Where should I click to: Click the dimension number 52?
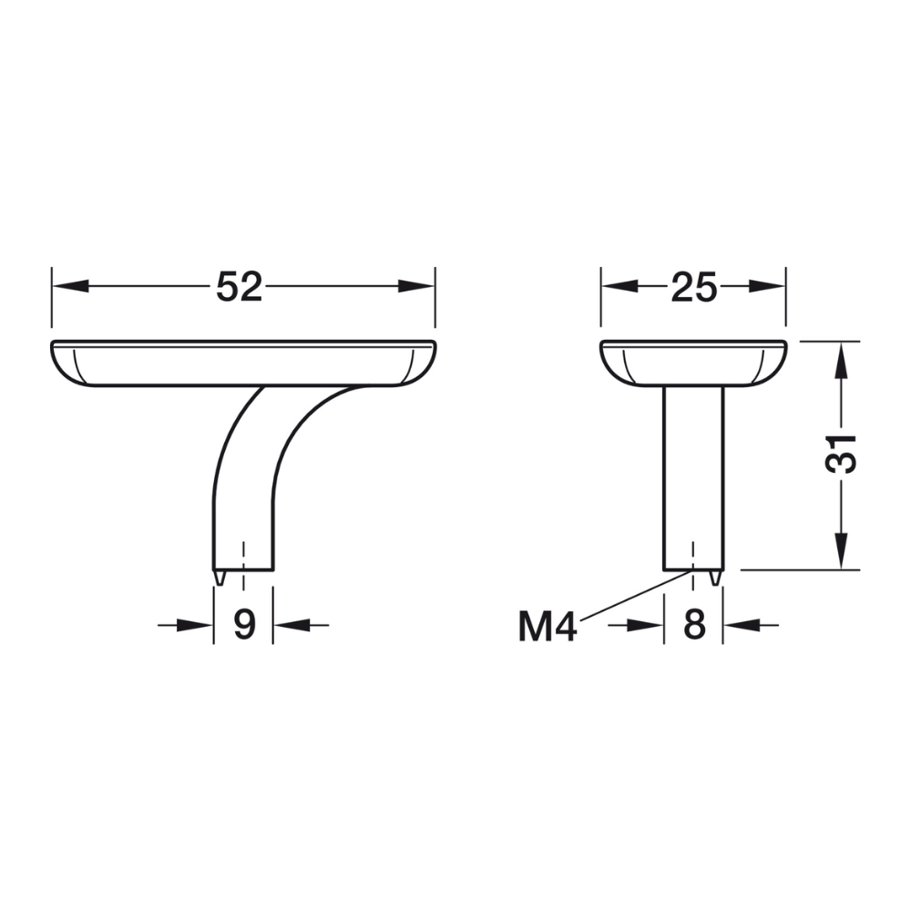point(240,286)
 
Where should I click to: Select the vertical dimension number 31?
point(841,454)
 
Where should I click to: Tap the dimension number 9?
point(244,625)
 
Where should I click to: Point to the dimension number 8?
point(694,625)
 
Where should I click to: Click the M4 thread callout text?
point(548,627)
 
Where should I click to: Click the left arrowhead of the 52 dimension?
point(70,286)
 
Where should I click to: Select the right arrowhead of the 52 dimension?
point(416,286)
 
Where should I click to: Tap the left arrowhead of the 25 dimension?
point(619,286)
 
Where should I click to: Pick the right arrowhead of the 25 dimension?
point(767,286)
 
